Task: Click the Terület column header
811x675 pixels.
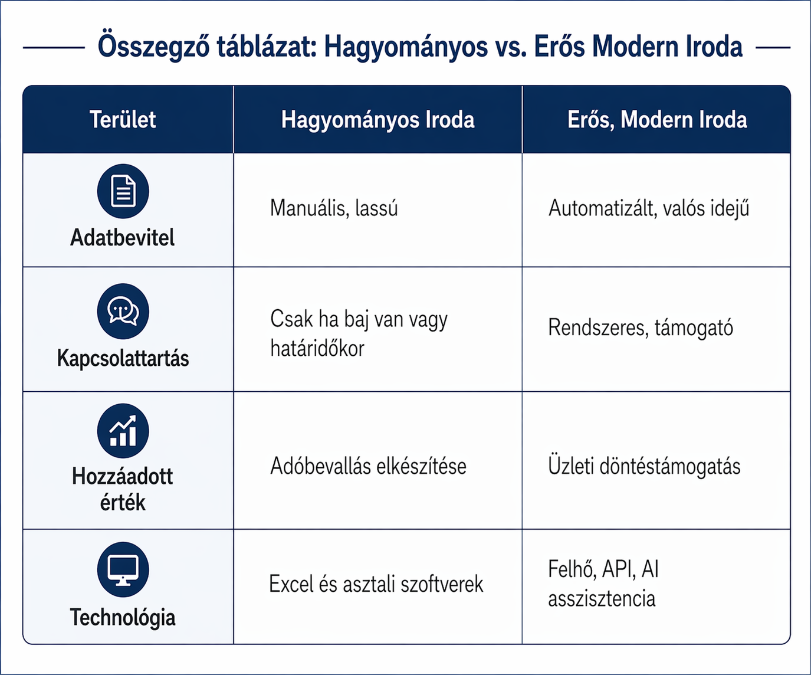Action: (x=123, y=119)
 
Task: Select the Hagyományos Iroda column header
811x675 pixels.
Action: (x=377, y=119)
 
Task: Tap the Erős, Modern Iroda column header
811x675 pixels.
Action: (x=657, y=119)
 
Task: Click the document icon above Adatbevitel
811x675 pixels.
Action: (x=123, y=191)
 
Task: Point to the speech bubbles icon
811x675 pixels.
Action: (x=123, y=311)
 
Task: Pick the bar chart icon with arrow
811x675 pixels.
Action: (x=123, y=431)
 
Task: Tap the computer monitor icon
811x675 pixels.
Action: (x=123, y=569)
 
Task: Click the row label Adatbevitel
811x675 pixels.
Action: (x=122, y=237)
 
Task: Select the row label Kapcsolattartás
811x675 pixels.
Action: (x=123, y=358)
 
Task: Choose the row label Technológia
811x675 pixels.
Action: (x=122, y=617)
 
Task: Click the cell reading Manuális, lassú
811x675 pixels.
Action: (x=334, y=208)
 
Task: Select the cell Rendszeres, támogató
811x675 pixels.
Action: (x=641, y=328)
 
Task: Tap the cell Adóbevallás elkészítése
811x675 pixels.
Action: (x=368, y=466)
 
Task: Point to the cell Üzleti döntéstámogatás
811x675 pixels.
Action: (x=644, y=466)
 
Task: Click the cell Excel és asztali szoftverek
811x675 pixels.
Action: (x=376, y=584)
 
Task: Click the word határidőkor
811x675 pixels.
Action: (x=317, y=348)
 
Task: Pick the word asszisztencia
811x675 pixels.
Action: (x=602, y=598)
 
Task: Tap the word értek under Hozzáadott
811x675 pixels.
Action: (x=123, y=503)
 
